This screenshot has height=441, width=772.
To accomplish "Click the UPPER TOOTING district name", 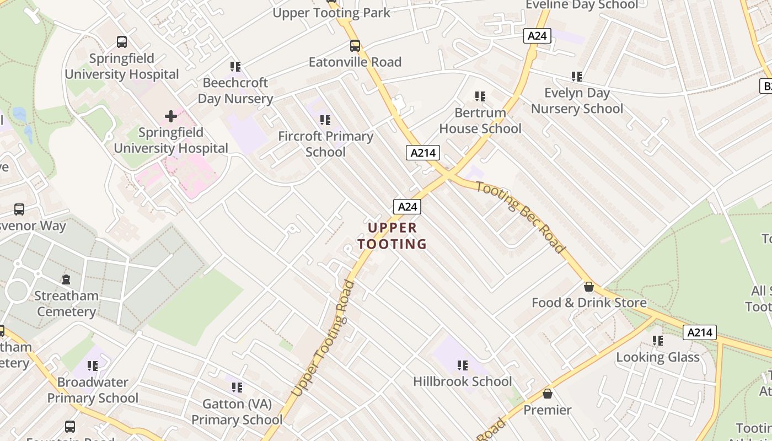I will tap(392, 235).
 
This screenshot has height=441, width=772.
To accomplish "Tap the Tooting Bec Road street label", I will tap(521, 217).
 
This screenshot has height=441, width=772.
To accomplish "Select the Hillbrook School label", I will tap(462, 381).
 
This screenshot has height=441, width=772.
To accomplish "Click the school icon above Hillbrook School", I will tap(462, 365).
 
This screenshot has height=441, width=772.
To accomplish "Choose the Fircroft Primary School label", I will tap(325, 144).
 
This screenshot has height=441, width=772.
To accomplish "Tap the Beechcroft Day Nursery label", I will tap(235, 91).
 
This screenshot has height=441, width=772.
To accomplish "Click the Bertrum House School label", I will tap(480, 121).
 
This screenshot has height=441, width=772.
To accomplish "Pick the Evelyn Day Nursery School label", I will tap(577, 101).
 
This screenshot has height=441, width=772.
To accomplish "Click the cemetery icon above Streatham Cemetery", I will tap(66, 279).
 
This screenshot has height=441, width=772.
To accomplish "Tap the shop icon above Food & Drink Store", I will tap(589, 287).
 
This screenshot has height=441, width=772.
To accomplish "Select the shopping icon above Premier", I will tap(548, 394).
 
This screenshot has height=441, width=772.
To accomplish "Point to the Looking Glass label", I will tap(657, 357).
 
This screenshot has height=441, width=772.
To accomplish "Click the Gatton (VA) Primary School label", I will tap(237, 412).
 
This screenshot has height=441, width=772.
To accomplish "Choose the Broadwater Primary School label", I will tap(93, 390).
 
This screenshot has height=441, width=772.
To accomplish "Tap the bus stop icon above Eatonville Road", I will tap(355, 46).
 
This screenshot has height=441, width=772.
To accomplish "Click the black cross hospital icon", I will tap(171, 116).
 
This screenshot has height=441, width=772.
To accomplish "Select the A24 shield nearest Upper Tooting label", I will tap(407, 207).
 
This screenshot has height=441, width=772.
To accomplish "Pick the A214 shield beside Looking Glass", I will tap(700, 332).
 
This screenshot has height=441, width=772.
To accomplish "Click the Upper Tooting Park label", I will tap(331, 13).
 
